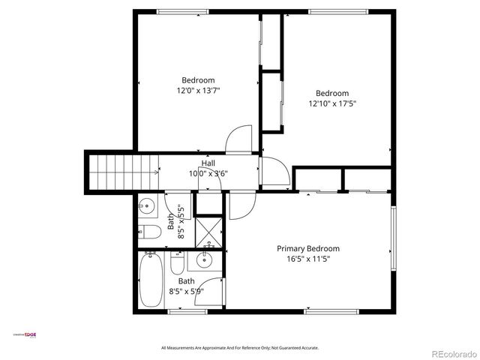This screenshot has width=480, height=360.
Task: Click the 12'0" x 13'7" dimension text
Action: click(198, 90)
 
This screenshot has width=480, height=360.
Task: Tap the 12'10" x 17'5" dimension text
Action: click(331, 103)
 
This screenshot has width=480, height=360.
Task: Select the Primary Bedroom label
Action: click(308, 249)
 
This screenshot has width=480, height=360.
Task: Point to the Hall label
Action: click(208, 163)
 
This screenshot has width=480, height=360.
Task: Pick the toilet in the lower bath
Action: click(178, 264)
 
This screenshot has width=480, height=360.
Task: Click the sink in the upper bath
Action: click(147, 204)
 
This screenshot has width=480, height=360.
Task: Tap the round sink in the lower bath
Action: click(203, 261)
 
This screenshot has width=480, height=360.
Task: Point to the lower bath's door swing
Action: click(212, 292)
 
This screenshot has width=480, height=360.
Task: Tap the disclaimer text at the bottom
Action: click(240, 348)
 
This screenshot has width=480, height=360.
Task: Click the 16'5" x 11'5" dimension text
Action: click(308, 259)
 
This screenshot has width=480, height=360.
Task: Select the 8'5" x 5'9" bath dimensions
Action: click(185, 292)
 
